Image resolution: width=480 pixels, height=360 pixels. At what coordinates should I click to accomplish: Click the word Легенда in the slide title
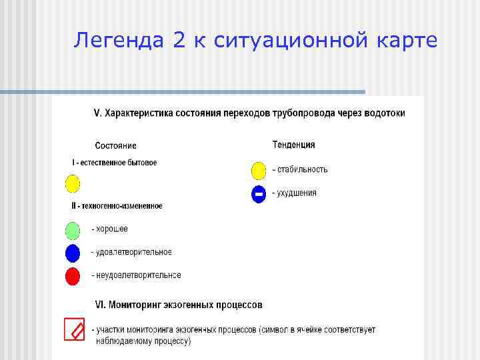pos(119,41)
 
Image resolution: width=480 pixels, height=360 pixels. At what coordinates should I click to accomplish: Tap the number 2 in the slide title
pos(179,41)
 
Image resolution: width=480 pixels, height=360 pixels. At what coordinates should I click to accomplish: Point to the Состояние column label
pos(115,145)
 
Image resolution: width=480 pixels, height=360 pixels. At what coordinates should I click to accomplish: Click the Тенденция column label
pos(293,145)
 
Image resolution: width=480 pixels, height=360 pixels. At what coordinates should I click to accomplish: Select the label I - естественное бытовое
pos(115,163)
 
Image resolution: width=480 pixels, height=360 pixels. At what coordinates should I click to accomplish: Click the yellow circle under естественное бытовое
pos(72,183)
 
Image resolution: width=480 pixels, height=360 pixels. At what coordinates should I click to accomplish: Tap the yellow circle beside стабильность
pos(259,171)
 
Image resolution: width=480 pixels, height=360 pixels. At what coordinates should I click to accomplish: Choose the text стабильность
pos(302,169)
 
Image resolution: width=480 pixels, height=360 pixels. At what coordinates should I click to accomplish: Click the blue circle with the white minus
pos(259,194)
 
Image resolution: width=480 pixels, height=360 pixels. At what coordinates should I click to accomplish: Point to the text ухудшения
pos(297,193)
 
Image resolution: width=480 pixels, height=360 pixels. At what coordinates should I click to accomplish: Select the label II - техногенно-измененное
pos(117,206)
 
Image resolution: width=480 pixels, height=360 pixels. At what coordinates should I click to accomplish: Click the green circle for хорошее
pos(72,230)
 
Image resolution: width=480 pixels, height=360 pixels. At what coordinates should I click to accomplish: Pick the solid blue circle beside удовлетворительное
pos(72,253)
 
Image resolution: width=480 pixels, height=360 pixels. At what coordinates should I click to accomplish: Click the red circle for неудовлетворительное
pos(72,276)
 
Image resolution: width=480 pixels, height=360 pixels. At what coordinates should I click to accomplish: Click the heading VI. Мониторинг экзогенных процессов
pos(179,305)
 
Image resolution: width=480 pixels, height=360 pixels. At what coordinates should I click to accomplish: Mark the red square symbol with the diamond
pos(74,329)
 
